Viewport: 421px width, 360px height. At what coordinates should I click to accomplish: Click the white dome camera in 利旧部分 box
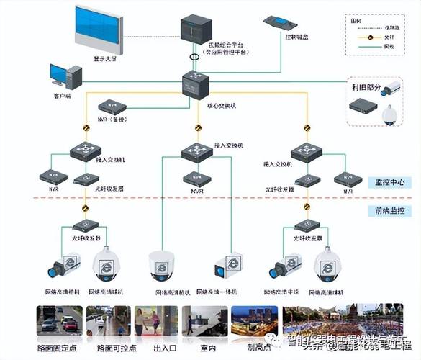point(393,114)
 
